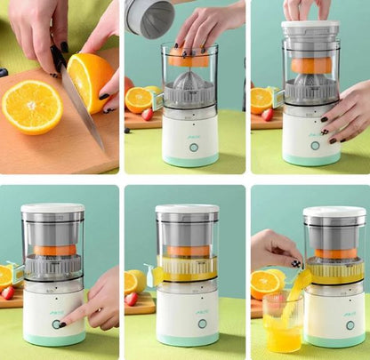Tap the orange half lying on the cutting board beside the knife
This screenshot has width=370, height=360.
point(31,106)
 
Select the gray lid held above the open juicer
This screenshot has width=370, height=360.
point(150,17)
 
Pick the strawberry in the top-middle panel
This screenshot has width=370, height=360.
point(148,114)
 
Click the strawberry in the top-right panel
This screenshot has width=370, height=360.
point(268,115)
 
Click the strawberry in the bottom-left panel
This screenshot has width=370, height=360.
point(8,292)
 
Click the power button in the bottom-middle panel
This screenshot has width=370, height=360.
point(202,324)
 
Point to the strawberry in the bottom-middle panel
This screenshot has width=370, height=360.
point(133,299)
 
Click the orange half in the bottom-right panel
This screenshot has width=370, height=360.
point(266,284)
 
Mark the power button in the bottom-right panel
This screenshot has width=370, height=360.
point(350,325)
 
